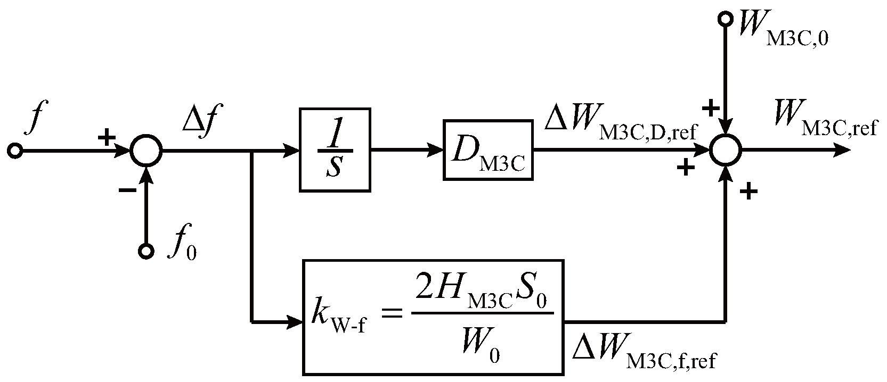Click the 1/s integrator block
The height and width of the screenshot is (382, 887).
coord(336,151)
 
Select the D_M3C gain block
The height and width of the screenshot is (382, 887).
coord(487,151)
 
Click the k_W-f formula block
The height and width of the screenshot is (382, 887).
coord(433,318)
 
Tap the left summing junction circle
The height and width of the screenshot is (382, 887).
coord(146,151)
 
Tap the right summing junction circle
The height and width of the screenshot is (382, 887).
coord(726,151)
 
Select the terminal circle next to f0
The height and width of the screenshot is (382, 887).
coord(145,251)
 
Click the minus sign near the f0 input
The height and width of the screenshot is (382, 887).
coord(126,190)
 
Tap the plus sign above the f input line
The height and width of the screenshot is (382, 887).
coord(107,138)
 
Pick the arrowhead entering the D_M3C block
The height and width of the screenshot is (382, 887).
coord(436,151)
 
